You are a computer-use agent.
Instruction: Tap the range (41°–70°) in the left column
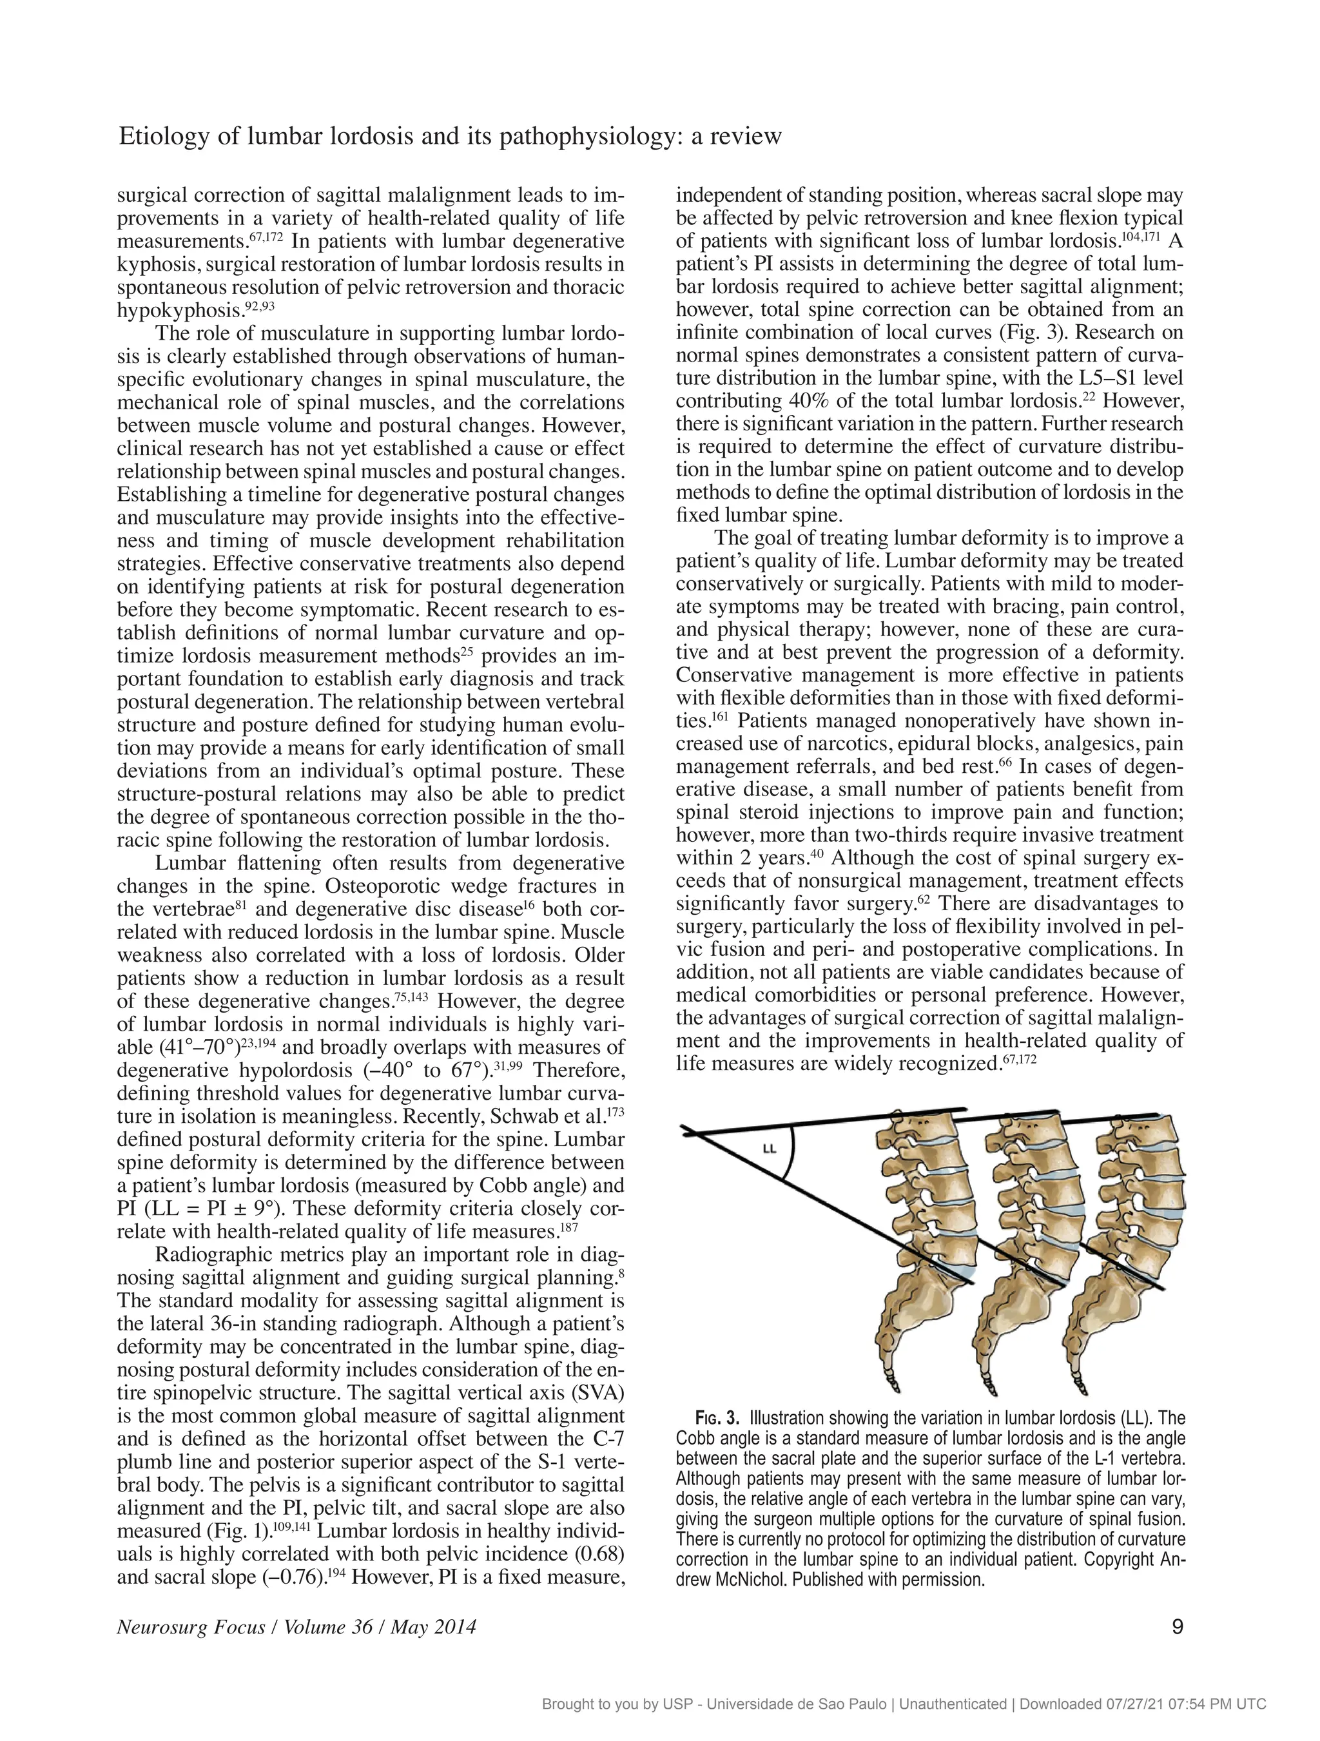[x=189, y=1048]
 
